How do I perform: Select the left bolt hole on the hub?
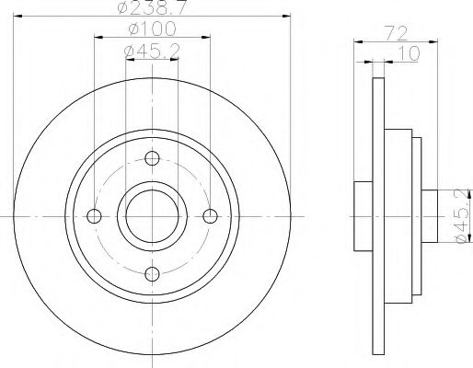pyautogui.click(x=93, y=217)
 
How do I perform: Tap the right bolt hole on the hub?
pyautogui.click(x=211, y=217)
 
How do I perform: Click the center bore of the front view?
pyautogui.click(x=152, y=217)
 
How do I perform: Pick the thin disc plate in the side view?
pyautogui.click(x=377, y=217)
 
